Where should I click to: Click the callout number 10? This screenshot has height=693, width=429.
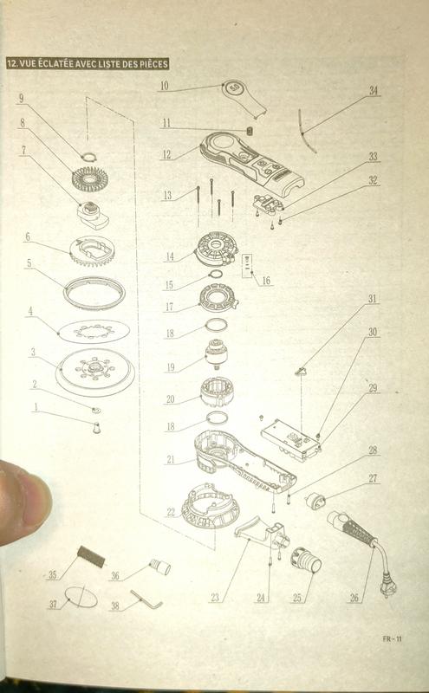pos(164,85)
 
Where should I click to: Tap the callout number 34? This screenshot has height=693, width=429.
pos(374,90)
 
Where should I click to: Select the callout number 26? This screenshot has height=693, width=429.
pos(354,598)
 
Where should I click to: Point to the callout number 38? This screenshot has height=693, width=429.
pos(115,605)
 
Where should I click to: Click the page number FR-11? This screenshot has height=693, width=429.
pos(393,638)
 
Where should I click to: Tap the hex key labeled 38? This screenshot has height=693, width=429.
pos(146,599)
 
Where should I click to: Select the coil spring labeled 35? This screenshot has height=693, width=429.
pos(91,556)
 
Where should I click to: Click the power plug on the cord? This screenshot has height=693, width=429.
pos(388,587)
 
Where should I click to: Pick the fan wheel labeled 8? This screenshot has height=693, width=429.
pos(90,179)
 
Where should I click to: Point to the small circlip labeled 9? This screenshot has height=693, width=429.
pos(89,156)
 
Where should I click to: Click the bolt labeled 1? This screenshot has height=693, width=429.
pos(96,427)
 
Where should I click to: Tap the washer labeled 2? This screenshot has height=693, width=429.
pos(95,410)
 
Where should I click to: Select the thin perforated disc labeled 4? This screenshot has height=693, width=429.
pos(94,331)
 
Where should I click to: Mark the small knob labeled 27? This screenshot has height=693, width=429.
pos(315,501)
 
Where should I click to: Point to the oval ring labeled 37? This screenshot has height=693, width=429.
pos(81,598)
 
